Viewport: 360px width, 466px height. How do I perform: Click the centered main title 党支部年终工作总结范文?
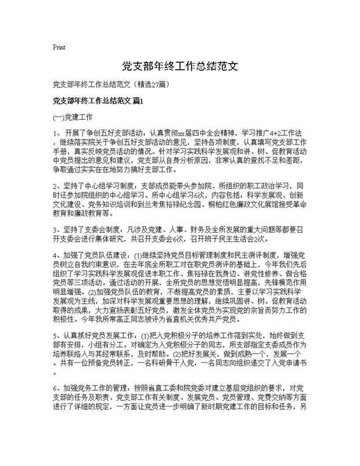pos(180,66)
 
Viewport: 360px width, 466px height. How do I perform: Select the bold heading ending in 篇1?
pos(98,101)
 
